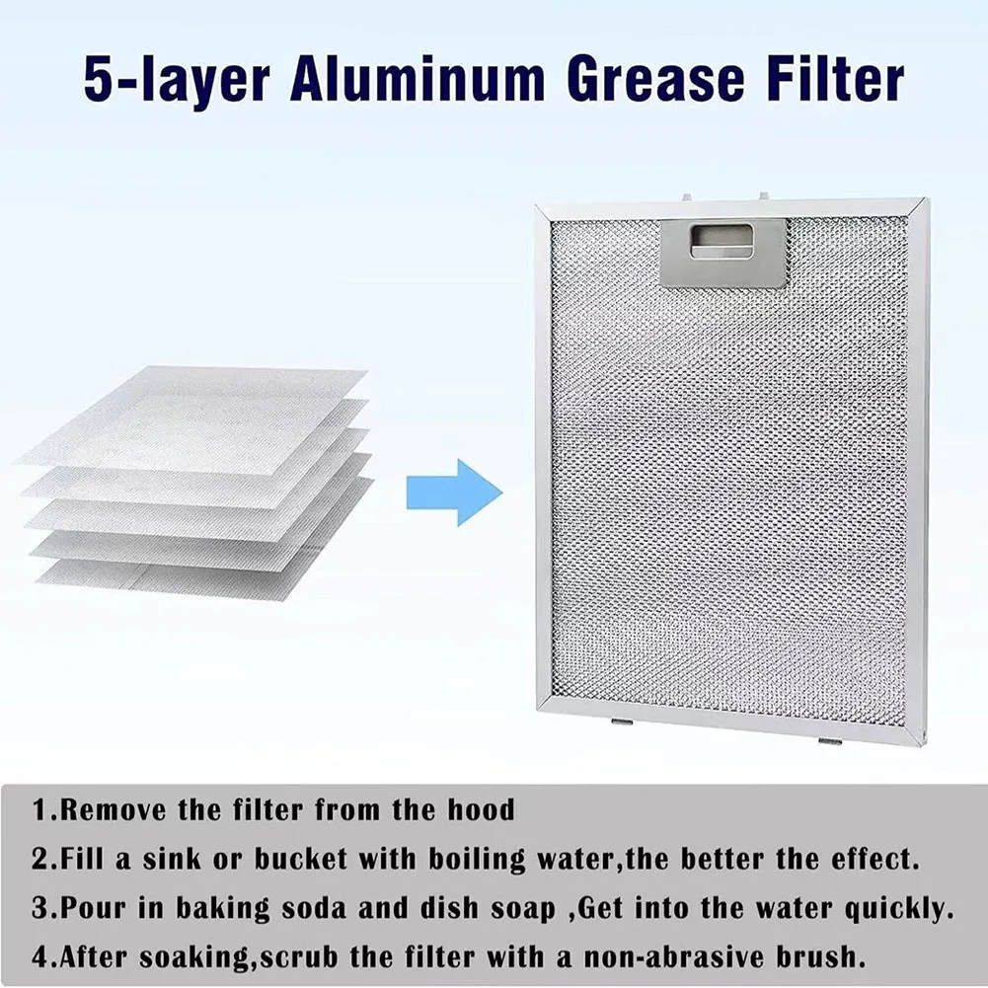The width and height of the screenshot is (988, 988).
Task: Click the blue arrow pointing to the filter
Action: tap(455, 491)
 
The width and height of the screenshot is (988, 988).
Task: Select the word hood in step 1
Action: tap(480, 811)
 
